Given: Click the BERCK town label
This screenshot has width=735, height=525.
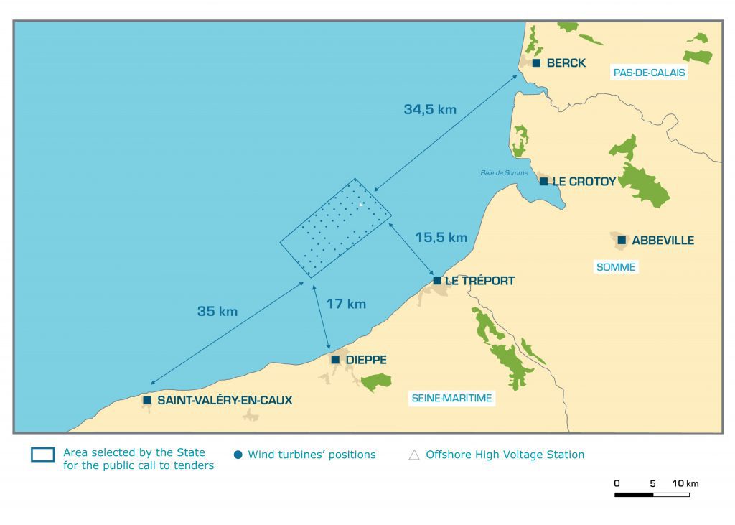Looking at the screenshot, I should pyautogui.click(x=566, y=63).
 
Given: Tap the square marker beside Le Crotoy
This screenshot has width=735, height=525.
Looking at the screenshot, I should pyautogui.click(x=543, y=181).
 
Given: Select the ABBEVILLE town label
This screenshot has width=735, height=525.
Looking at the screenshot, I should pyautogui.click(x=663, y=241).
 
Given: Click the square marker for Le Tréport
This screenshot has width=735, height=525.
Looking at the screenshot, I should pyautogui.click(x=437, y=280).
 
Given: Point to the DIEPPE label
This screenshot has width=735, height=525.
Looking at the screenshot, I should pyautogui.click(x=366, y=360).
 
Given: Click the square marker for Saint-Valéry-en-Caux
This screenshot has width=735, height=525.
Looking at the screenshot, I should pyautogui.click(x=147, y=400).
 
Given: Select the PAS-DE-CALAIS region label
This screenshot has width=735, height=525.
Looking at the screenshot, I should pyautogui.click(x=649, y=73).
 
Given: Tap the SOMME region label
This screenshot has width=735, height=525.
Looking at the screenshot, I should pyautogui.click(x=616, y=267).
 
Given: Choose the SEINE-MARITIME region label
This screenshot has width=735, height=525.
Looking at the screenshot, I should pyautogui.click(x=451, y=398).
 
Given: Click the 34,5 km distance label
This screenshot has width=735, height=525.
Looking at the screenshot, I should pyautogui.click(x=430, y=110).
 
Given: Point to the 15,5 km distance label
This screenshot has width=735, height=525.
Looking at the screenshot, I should pyautogui.click(x=441, y=238).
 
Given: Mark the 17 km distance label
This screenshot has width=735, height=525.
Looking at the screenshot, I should pyautogui.click(x=346, y=304).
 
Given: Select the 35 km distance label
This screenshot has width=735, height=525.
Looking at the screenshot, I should pyautogui.click(x=217, y=312).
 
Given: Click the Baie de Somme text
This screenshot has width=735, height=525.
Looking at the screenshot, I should pyautogui.click(x=504, y=173).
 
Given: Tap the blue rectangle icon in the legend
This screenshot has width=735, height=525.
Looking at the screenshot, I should pyautogui.click(x=42, y=455).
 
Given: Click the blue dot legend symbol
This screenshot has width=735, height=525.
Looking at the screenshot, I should pyautogui.click(x=238, y=455).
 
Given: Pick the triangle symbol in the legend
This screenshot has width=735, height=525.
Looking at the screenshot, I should pyautogui.click(x=413, y=455).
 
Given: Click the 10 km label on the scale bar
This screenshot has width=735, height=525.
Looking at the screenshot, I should pyautogui.click(x=685, y=483).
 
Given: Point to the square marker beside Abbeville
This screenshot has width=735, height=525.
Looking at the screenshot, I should pyautogui.click(x=622, y=240).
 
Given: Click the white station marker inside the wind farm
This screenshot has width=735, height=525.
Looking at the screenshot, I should pyautogui.click(x=361, y=205).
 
